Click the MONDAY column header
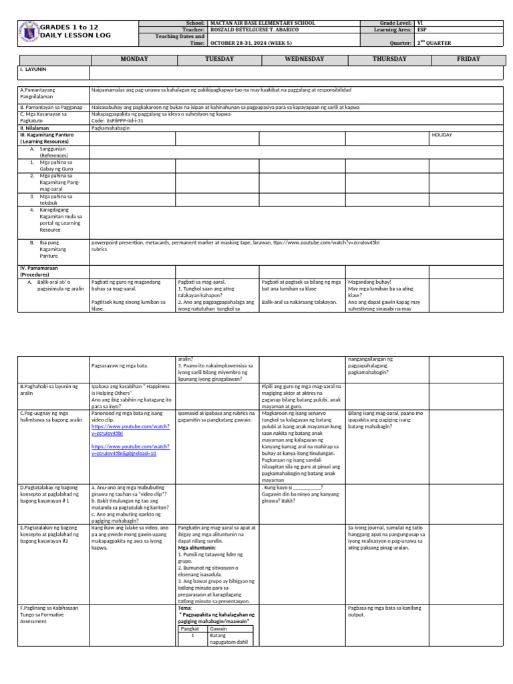[x=133, y=59]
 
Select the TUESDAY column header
[x=218, y=59]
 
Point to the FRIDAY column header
[x=468, y=59]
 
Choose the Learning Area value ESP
[x=421, y=29]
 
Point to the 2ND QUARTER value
[x=434, y=43]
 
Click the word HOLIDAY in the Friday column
[x=442, y=135]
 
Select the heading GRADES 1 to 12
[x=69, y=27]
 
